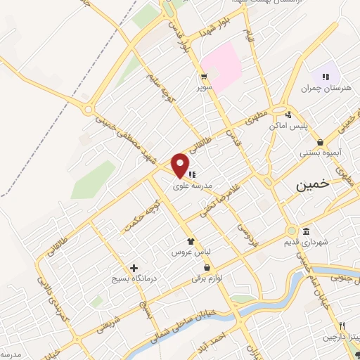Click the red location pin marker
[181, 165]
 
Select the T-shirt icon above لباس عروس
[190, 241]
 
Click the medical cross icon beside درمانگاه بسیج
[134, 268]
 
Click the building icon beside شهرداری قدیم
[307, 232]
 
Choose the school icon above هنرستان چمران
[325, 76]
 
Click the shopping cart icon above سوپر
[204, 77]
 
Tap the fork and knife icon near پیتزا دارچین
[341, 326]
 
